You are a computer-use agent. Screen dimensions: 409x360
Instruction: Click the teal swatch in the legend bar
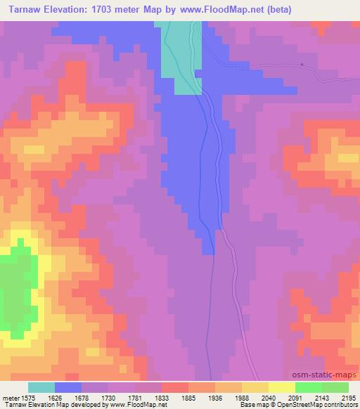pos(41,387)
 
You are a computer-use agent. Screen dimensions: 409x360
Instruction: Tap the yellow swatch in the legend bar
pos(282,387)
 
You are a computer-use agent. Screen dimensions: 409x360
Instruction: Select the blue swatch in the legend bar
pos(68,387)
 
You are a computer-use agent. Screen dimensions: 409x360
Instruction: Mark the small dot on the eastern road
pos(302,65)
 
